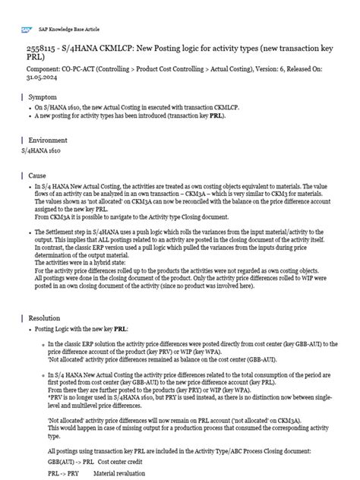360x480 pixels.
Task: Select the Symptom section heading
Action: (x=42, y=98)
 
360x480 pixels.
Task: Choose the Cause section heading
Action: (x=37, y=175)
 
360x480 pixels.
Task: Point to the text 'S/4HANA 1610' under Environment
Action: (x=39, y=151)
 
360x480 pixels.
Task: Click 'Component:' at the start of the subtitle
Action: (x=44, y=67)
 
